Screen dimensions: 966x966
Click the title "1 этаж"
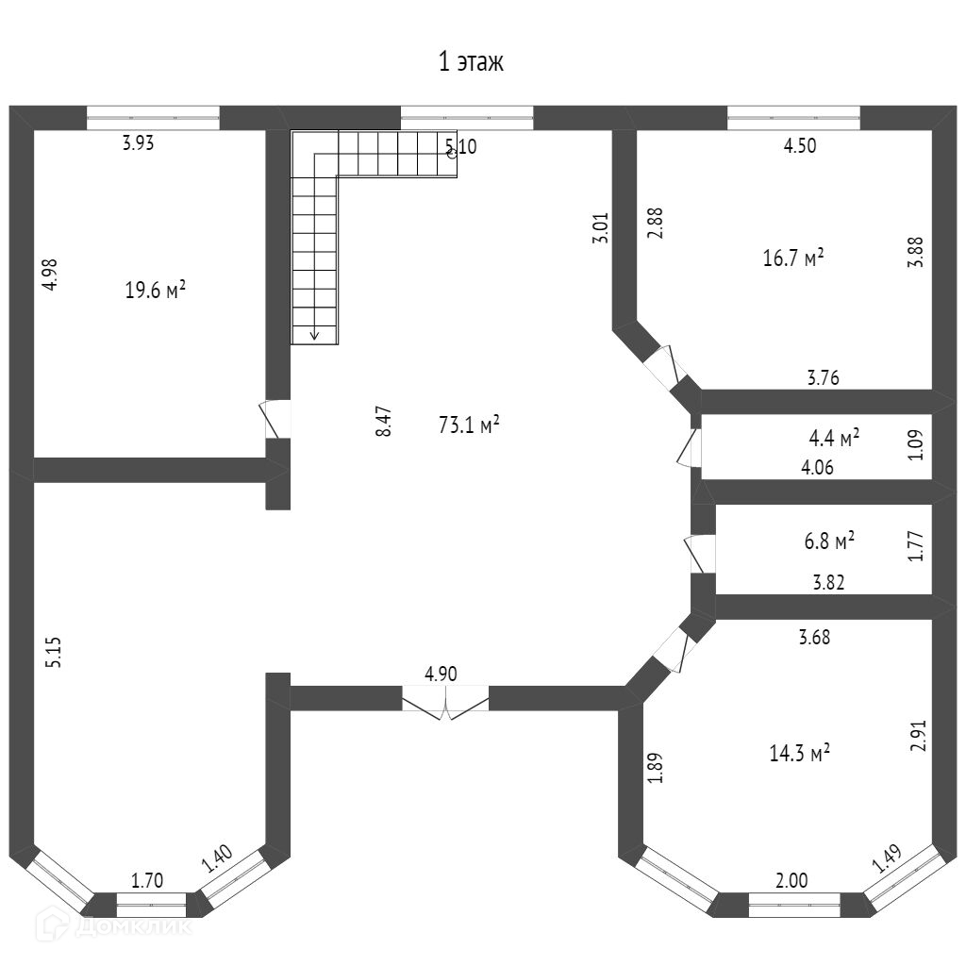tap(471, 63)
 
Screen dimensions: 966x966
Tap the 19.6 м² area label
tap(155, 291)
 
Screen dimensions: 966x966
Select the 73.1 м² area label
tap(469, 425)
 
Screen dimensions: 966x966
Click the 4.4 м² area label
tap(834, 438)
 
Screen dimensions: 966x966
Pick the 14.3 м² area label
tap(800, 753)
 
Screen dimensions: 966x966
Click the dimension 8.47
tap(384, 421)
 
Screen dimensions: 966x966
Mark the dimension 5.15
tap(54, 653)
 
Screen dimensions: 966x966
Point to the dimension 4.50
tap(800, 145)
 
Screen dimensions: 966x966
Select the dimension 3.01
tap(600, 229)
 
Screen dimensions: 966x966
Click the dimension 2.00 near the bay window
tap(791, 880)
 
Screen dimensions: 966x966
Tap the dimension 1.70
tap(147, 882)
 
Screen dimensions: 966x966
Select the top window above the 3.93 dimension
tap(153, 117)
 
